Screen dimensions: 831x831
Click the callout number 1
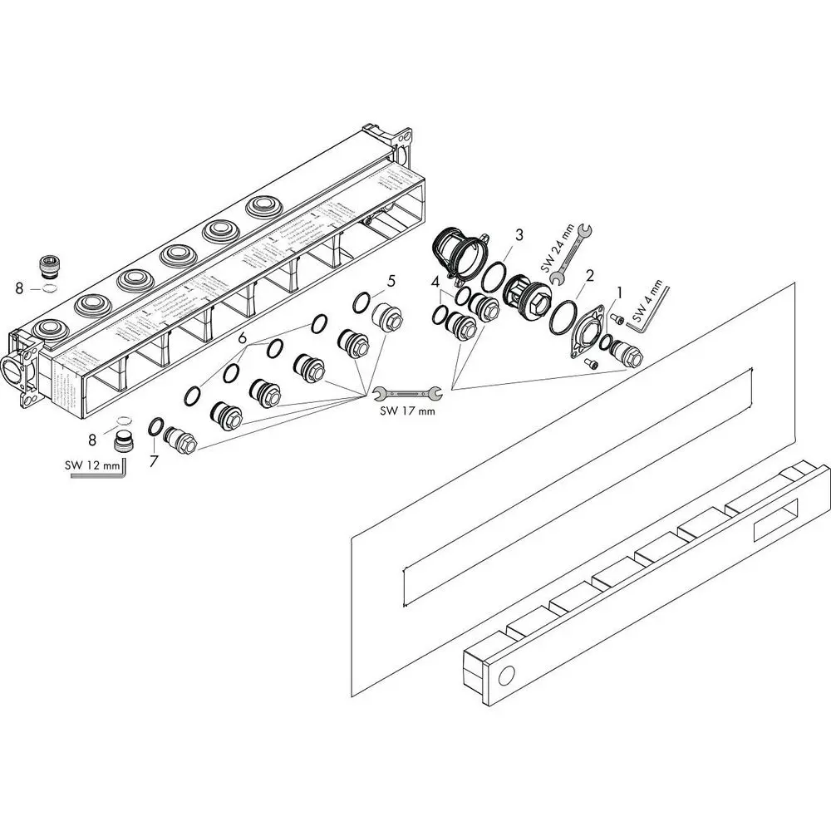[x=618, y=292]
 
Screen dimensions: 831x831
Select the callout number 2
[x=589, y=275]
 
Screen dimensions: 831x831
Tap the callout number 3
[x=518, y=235]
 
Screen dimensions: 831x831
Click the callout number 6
[x=242, y=338]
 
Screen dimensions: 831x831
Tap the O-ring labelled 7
[x=155, y=427]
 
